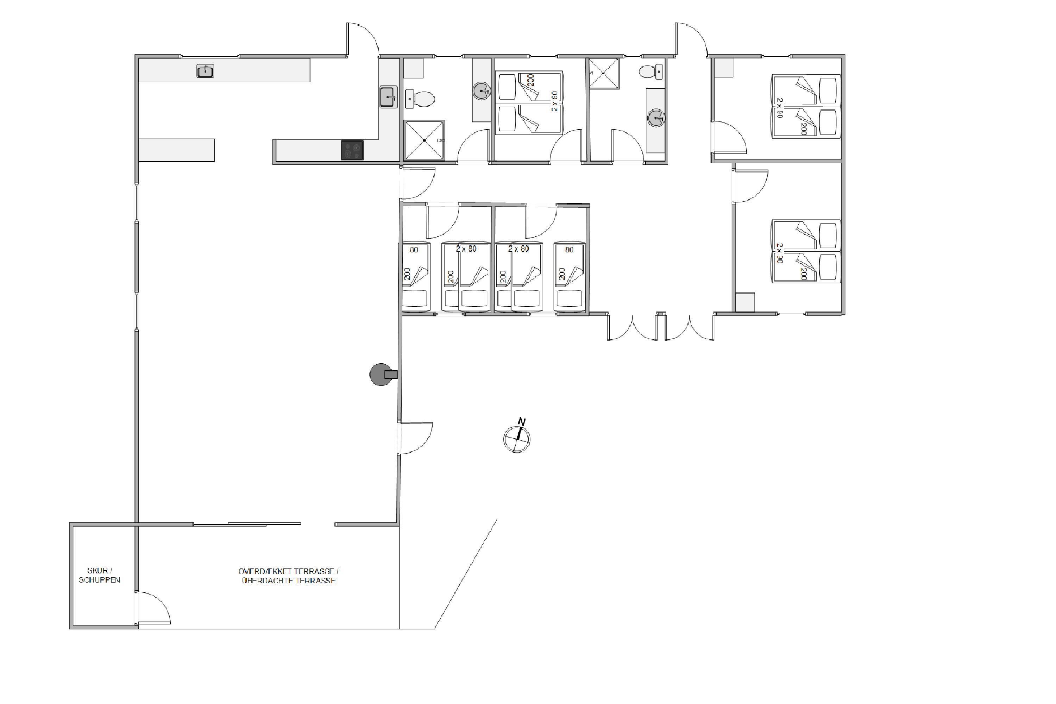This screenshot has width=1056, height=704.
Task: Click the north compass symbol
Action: [517, 438]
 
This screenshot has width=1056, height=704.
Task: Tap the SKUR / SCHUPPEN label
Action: [99, 575]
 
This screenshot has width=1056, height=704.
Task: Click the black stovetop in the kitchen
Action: [352, 150]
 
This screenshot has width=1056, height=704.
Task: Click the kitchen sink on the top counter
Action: [205, 71]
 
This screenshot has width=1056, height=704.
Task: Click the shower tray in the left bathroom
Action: [424, 140]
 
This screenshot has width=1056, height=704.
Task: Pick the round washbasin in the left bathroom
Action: [481, 91]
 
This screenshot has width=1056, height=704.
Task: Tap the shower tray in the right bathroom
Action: [604, 73]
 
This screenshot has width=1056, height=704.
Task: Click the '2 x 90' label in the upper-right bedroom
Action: [779, 108]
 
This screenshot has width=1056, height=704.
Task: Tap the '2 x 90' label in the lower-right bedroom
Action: [779, 253]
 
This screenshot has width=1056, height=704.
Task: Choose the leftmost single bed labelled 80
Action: [415, 277]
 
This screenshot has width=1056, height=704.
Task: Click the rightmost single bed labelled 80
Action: [569, 277]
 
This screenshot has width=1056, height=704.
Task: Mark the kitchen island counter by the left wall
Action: [176, 150]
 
